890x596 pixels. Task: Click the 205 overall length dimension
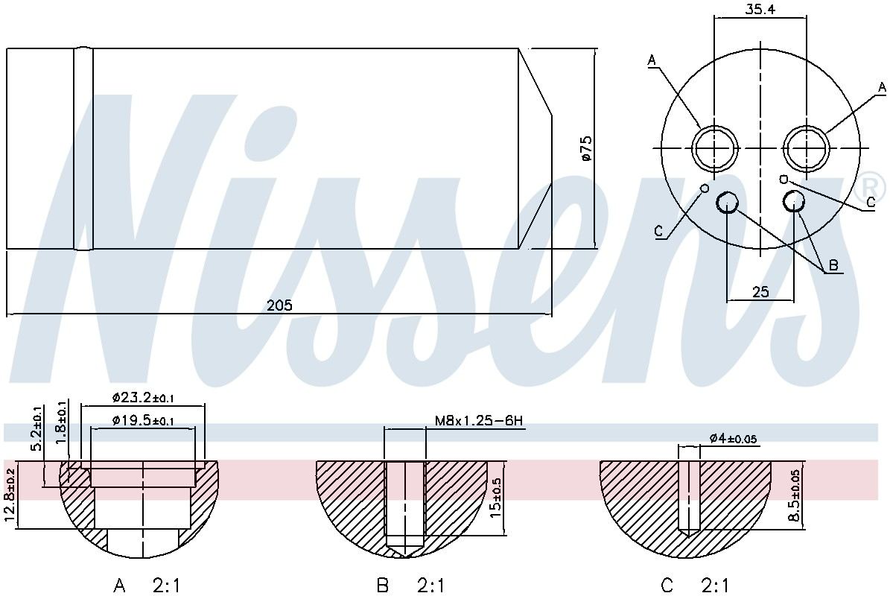[x=280, y=305]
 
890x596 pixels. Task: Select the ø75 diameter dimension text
[x=585, y=148]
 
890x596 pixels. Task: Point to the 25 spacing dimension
[x=760, y=291]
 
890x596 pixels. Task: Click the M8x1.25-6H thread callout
[x=479, y=422]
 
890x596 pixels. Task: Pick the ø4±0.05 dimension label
[x=733, y=439]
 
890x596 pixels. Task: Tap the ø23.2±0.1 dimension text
[x=143, y=398]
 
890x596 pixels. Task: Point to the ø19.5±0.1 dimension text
[x=143, y=420]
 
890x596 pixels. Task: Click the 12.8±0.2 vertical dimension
[x=10, y=495]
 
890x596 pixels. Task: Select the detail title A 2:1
[x=147, y=586]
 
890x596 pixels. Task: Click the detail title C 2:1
[x=694, y=586]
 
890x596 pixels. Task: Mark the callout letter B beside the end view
[x=833, y=266]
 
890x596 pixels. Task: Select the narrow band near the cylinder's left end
[x=83, y=149]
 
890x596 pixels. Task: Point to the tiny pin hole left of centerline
[x=704, y=188]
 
